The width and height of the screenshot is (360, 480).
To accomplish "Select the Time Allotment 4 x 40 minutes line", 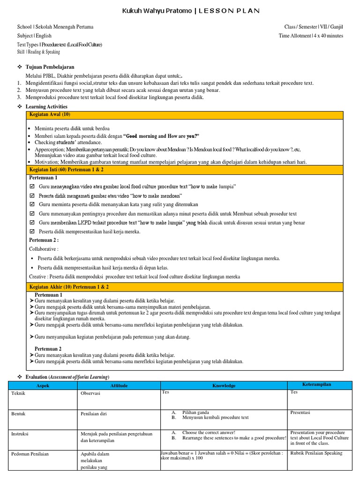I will click(311, 36).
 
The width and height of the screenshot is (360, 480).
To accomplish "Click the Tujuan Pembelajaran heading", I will click(50, 67).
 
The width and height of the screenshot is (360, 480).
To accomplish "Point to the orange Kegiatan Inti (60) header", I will click(66, 169).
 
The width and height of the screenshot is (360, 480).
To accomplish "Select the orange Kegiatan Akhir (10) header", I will click(68, 286).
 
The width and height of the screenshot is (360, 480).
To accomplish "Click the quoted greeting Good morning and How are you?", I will click(161, 136).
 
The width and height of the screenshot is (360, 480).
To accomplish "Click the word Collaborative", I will click(43, 249).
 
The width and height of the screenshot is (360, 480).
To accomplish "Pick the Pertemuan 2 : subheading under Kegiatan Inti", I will click(45, 240).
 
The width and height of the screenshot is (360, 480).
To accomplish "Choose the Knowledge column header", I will click(224, 386).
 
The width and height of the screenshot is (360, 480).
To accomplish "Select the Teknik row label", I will click(18, 393).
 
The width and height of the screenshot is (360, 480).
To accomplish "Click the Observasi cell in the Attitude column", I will click(91, 393).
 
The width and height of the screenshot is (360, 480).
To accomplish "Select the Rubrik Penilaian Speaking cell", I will click(316, 453).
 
